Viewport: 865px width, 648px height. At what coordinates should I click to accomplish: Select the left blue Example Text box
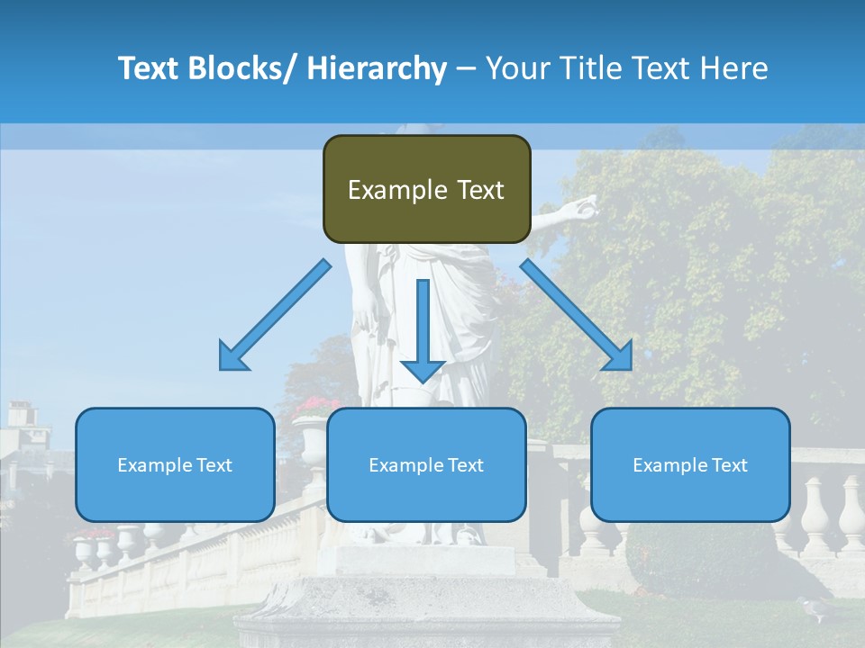tap(175, 464)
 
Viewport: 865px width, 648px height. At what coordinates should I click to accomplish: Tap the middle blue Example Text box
tap(426, 464)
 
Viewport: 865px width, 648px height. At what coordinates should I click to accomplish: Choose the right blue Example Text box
tap(690, 464)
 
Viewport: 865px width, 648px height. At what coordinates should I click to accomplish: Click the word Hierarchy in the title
tap(377, 68)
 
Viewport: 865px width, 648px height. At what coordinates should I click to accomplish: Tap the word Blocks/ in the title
tap(243, 68)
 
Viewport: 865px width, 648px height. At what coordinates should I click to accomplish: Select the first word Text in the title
tap(150, 68)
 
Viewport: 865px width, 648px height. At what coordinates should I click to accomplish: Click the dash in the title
tap(466, 68)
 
